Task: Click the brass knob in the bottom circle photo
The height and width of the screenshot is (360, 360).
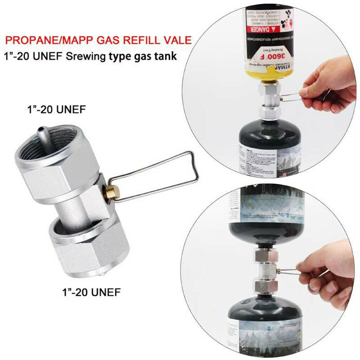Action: click(278, 271)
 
